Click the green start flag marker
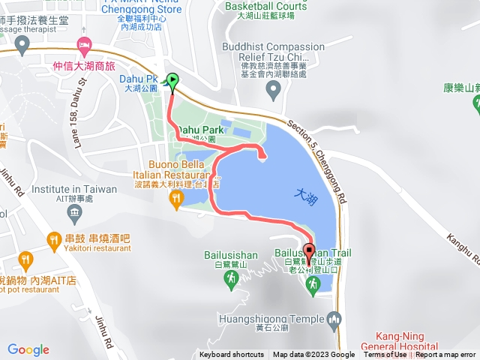click(x=172, y=82)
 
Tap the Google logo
click(x=28, y=349)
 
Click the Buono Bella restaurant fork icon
click(x=176, y=198)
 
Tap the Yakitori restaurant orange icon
click(x=54, y=240)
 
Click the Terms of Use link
click(x=385, y=355)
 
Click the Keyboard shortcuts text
click(x=232, y=355)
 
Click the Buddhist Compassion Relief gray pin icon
click(x=273, y=91)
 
